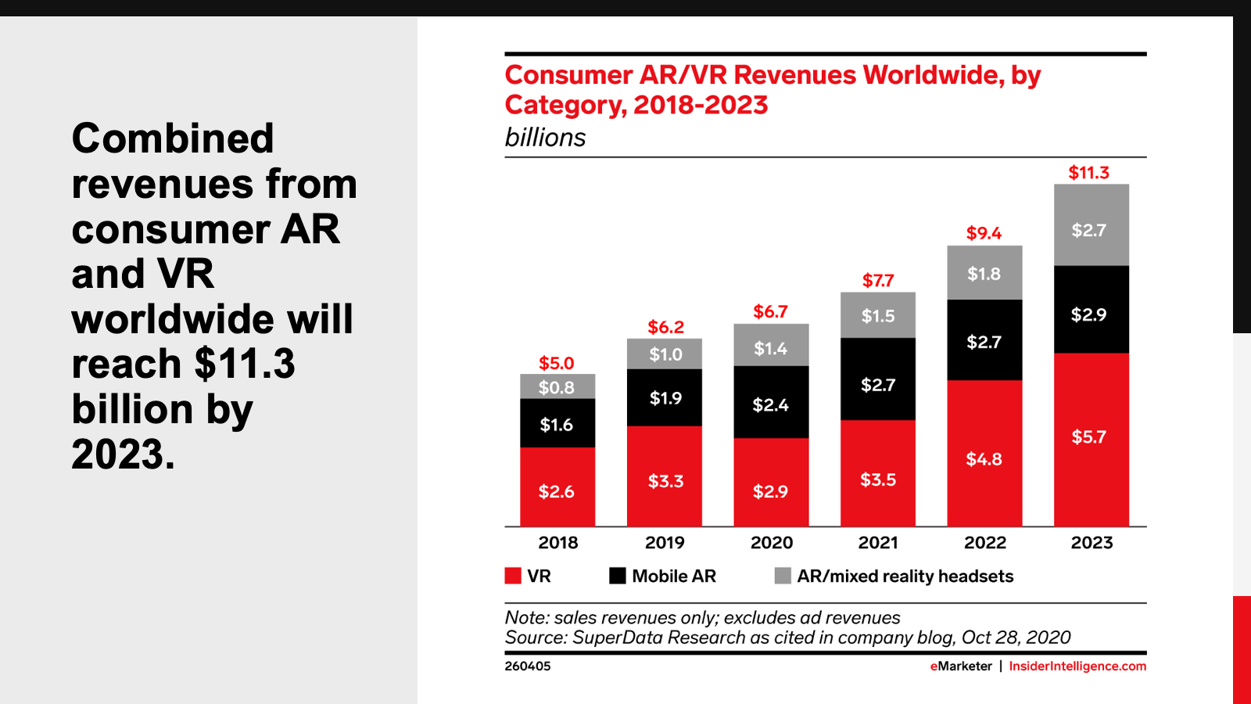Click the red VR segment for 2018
coord(557,487)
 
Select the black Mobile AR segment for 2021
coord(877,379)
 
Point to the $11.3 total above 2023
coord(1088,173)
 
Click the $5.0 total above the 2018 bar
coord(556,363)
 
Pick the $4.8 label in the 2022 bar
coord(984,459)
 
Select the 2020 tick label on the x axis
coord(771,543)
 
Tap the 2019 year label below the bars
coord(665,543)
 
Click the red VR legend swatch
coord(513,576)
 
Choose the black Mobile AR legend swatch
coord(618,576)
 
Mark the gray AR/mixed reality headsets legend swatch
coord(783,576)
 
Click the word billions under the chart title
coord(545,138)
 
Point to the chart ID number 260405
coord(528,666)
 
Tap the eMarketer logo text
coord(961,666)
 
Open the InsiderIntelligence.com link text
coord(1077,666)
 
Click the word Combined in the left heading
coord(173,139)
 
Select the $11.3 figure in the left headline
coord(245,365)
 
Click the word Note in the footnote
coord(525,618)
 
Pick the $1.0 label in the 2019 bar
coord(665,354)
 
